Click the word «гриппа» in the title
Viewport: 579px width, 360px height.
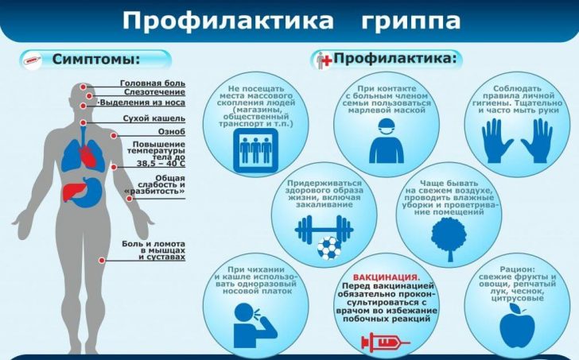coord(410,21)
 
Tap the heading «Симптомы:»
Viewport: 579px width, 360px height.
coord(96,59)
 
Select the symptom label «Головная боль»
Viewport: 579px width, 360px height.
coord(153,83)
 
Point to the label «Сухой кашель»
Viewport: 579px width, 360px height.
coord(154,118)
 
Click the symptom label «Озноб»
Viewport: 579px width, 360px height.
coord(171,132)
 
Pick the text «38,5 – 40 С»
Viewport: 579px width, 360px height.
coord(161,164)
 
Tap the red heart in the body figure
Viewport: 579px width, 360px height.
coord(87,156)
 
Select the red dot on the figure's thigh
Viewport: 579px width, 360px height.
coord(102,260)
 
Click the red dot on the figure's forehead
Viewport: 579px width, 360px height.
coord(84,87)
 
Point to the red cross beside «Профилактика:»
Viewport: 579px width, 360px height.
coord(328,59)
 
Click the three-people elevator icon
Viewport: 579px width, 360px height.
coord(255,150)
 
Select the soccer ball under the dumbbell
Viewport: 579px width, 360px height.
coord(329,248)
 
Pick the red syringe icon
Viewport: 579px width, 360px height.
coord(385,343)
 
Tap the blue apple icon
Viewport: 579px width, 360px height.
coord(517,323)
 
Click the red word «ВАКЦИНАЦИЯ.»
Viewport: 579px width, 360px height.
coord(387,277)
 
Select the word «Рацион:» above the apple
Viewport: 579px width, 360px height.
coord(517,269)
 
